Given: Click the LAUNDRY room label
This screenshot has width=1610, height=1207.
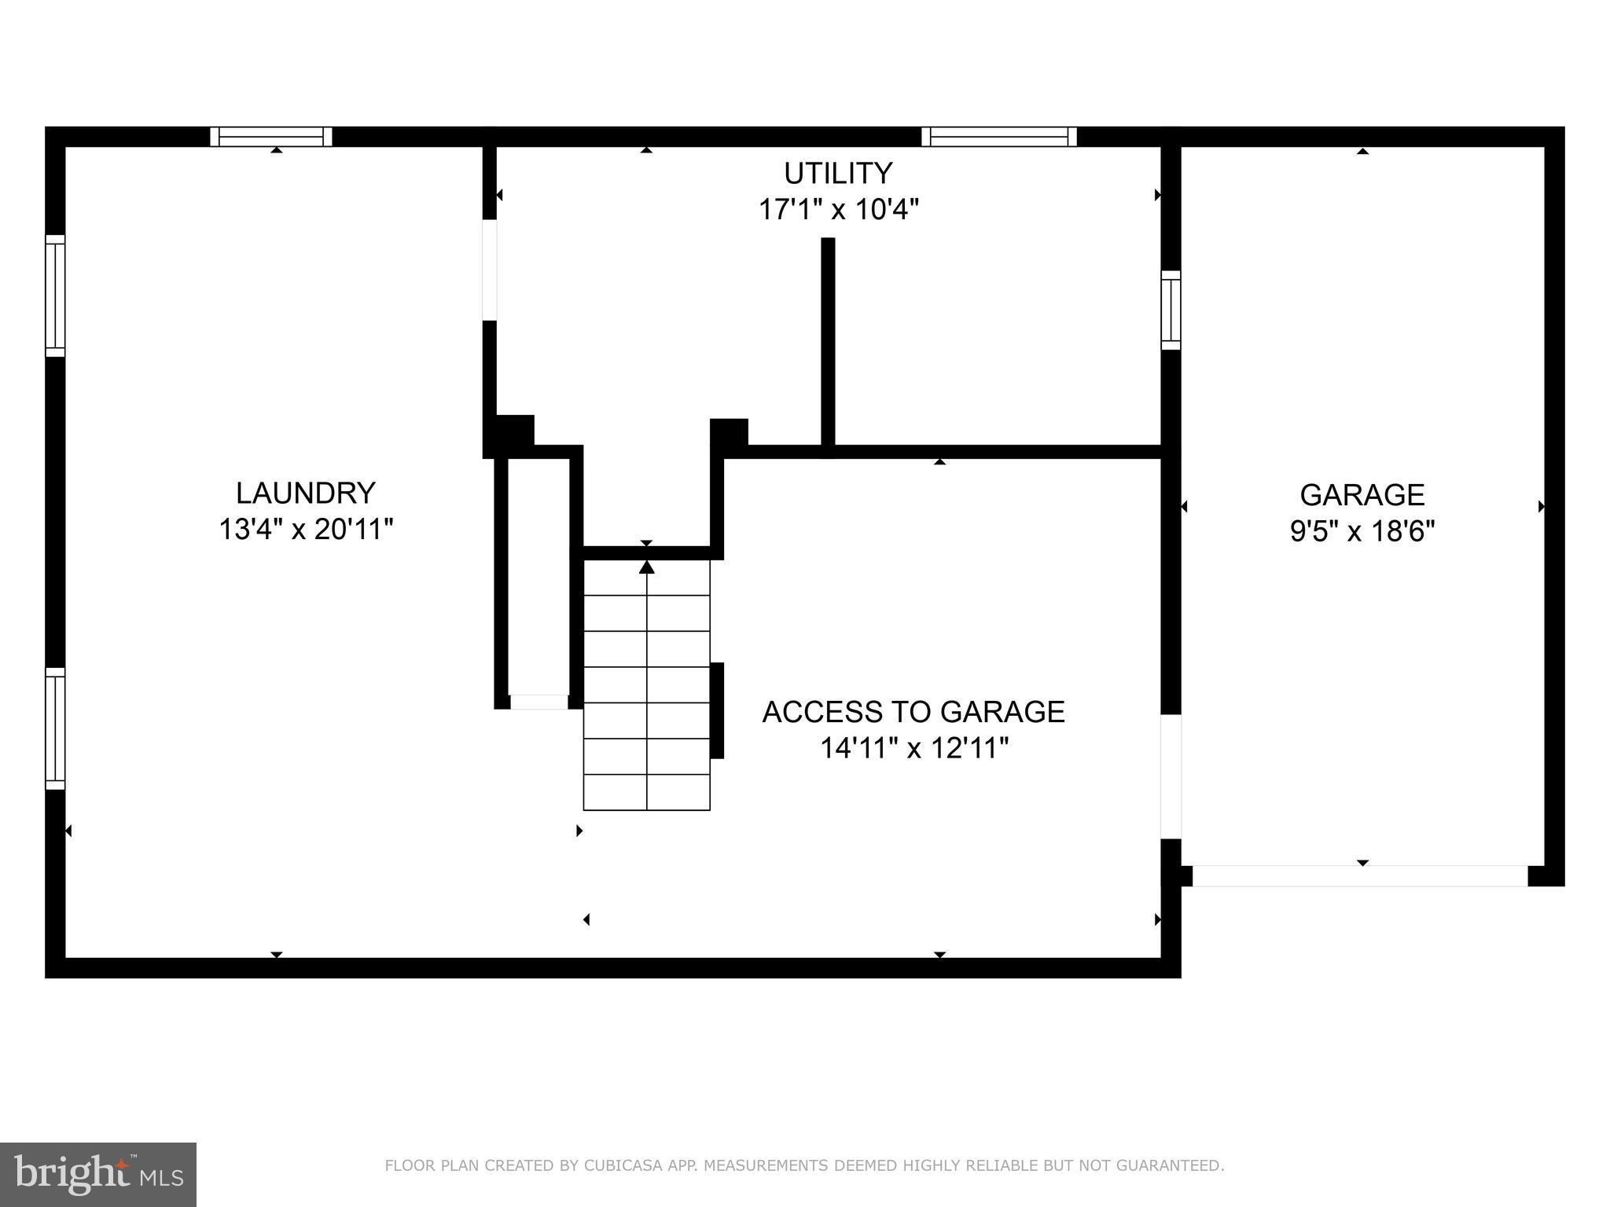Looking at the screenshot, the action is [x=306, y=493].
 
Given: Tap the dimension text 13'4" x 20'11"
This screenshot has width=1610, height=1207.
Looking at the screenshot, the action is [x=306, y=530].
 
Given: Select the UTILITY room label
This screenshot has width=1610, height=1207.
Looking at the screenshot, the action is [x=838, y=173].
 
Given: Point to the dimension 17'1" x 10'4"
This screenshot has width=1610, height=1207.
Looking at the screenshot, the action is [x=838, y=210].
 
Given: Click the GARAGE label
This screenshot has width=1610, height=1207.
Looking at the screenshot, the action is [x=1362, y=495].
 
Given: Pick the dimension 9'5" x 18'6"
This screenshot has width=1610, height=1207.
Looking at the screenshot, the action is [x=1362, y=532].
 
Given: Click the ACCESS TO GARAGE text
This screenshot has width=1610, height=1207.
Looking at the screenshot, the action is [x=913, y=712].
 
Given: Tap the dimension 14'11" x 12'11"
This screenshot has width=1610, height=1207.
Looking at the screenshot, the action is [x=913, y=748].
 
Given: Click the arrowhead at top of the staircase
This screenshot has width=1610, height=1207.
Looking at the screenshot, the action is [x=646, y=567].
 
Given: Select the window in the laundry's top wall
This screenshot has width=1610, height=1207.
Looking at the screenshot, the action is [x=271, y=137].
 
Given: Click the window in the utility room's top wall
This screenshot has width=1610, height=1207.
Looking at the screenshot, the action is [x=998, y=137].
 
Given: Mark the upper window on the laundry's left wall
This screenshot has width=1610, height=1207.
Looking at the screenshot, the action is [x=55, y=295].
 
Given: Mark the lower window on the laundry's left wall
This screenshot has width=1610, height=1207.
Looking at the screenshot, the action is [x=55, y=728].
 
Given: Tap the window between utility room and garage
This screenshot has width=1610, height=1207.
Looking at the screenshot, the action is [x=1171, y=310].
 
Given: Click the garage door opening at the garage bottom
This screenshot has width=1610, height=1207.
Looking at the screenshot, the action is [x=1360, y=875].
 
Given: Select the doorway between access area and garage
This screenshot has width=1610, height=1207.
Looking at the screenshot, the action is [x=1171, y=776].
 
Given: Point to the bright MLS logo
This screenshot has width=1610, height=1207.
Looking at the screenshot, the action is [x=98, y=1174].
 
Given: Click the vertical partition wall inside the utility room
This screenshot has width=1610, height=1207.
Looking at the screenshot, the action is [x=828, y=346].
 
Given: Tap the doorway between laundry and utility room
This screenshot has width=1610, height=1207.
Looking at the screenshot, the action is [x=489, y=270].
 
